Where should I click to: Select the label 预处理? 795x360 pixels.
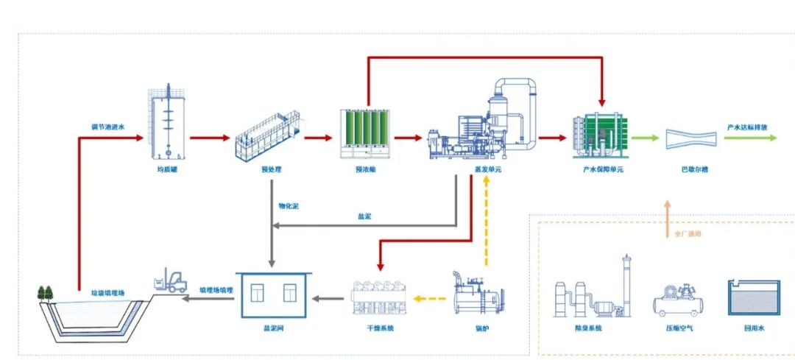click(x=272, y=169)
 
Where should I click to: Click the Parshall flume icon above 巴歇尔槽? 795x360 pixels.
click(x=690, y=138)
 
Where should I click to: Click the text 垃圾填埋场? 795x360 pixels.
click(x=107, y=292)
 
